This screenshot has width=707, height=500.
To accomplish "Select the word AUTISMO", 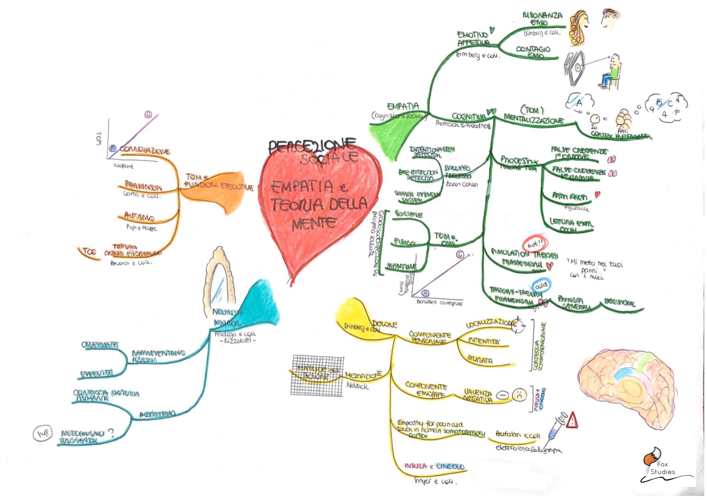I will [x=139, y=217].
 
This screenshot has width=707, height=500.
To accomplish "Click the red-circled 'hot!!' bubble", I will [x=535, y=244].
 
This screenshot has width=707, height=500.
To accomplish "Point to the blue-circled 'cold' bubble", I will [x=541, y=286].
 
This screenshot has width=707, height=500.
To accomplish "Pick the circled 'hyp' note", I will [x=43, y=433].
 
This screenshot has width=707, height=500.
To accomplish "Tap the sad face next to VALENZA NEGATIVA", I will [x=519, y=395].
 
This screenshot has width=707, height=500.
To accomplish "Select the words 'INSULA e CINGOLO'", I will [x=434, y=467].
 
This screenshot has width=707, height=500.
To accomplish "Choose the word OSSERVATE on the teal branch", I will [x=100, y=345].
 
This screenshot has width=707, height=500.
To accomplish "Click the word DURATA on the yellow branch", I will [x=480, y=360].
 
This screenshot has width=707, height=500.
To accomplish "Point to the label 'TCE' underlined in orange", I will [x=89, y=252].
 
